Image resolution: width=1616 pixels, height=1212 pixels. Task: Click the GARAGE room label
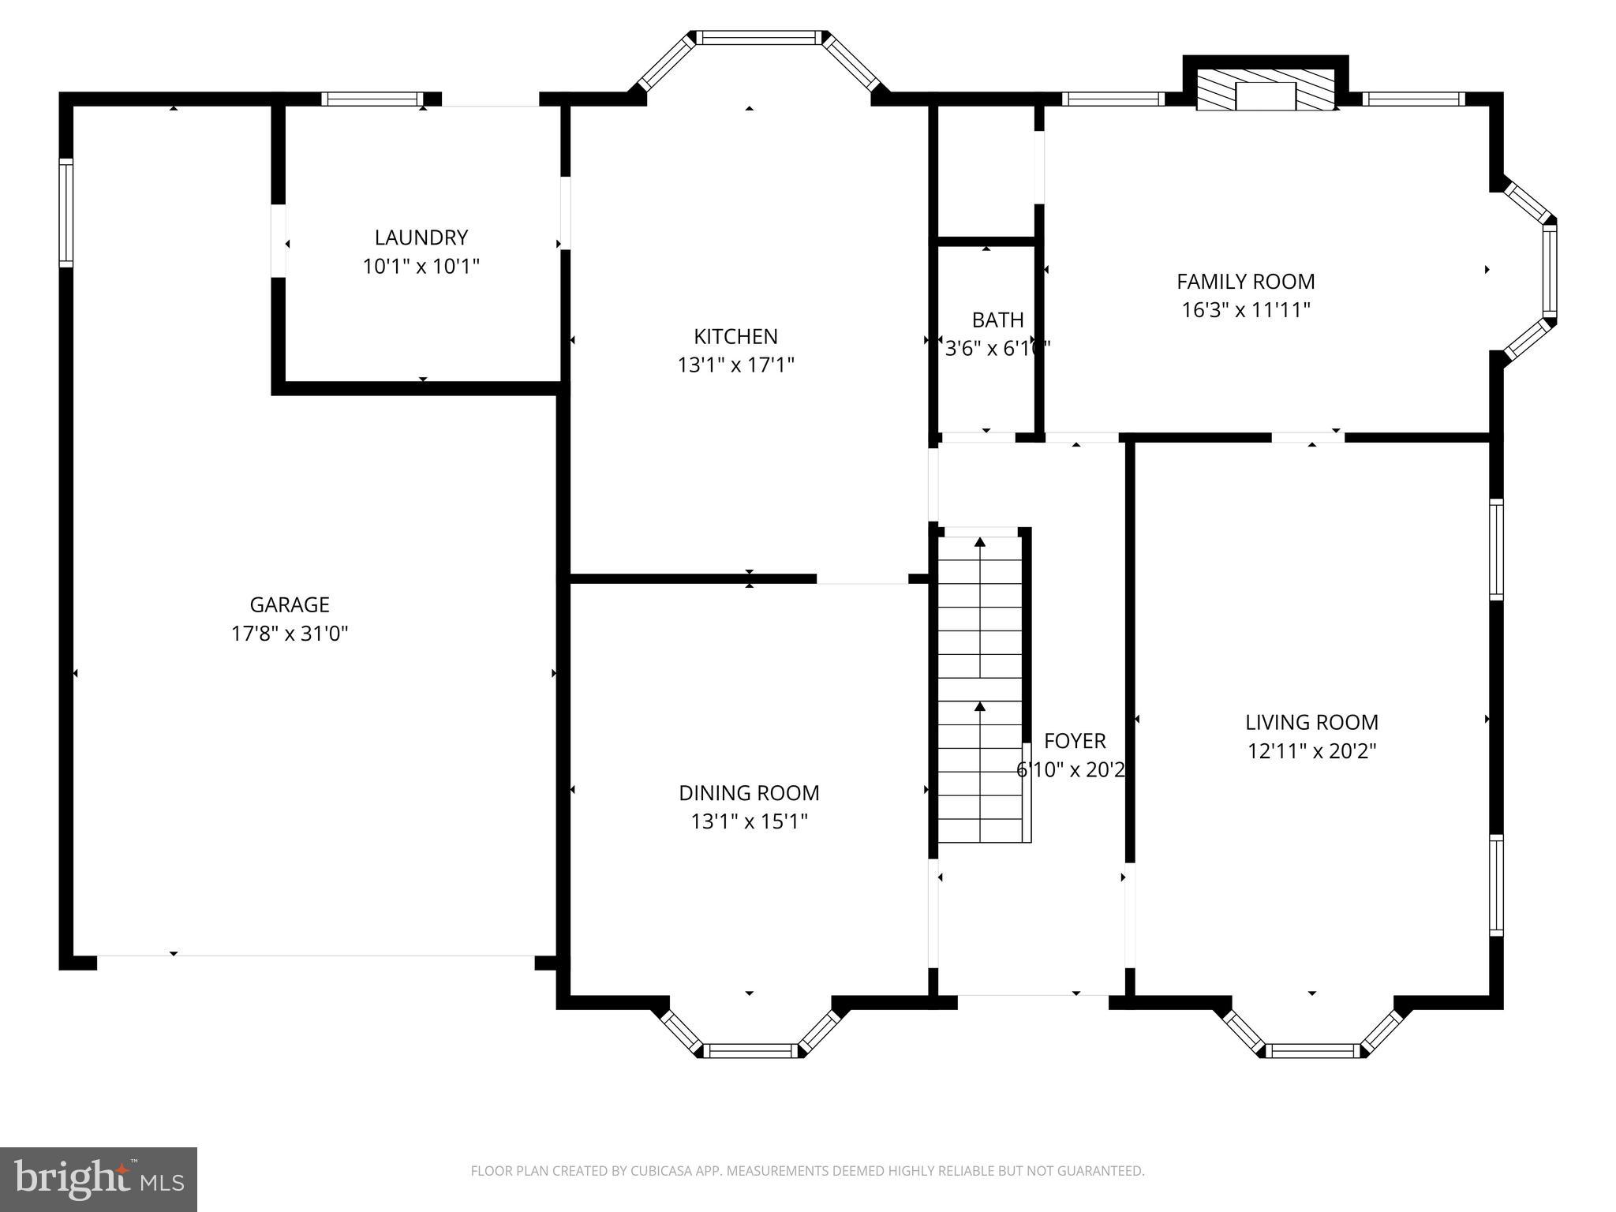pyautogui.click(x=290, y=605)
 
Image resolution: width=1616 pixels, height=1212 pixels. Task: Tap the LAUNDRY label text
pyautogui.click(x=421, y=238)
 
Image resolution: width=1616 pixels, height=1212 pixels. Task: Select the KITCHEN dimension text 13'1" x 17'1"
pyautogui.click(x=735, y=365)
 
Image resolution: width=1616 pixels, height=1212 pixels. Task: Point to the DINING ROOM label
pyautogui.click(x=749, y=793)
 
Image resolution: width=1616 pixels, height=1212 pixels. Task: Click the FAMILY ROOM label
pyautogui.click(x=1245, y=282)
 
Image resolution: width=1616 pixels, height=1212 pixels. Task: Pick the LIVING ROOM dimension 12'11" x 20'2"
pyautogui.click(x=1311, y=750)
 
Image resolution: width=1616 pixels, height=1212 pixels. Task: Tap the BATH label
pyautogui.click(x=997, y=320)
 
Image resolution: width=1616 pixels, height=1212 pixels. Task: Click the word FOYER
pyautogui.click(x=1074, y=741)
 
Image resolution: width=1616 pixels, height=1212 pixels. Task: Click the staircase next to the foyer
pyautogui.click(x=980, y=686)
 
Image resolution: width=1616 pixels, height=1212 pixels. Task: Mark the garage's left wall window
pyautogui.click(x=66, y=213)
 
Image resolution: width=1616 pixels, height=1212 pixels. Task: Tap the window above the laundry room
pyautogui.click(x=372, y=99)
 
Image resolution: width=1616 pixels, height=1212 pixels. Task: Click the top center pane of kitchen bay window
pyautogui.click(x=758, y=37)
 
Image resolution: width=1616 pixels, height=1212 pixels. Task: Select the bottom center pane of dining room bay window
pyautogui.click(x=750, y=1050)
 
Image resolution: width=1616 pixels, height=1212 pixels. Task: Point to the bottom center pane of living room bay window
pyautogui.click(x=1313, y=1050)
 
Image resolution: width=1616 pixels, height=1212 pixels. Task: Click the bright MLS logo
pyautogui.click(x=98, y=1180)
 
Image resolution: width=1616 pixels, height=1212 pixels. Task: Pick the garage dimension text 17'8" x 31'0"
pyautogui.click(x=290, y=634)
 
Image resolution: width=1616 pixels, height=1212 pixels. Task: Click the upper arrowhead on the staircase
pyautogui.click(x=980, y=542)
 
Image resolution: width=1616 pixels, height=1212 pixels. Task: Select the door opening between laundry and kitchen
pyautogui.click(x=565, y=213)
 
